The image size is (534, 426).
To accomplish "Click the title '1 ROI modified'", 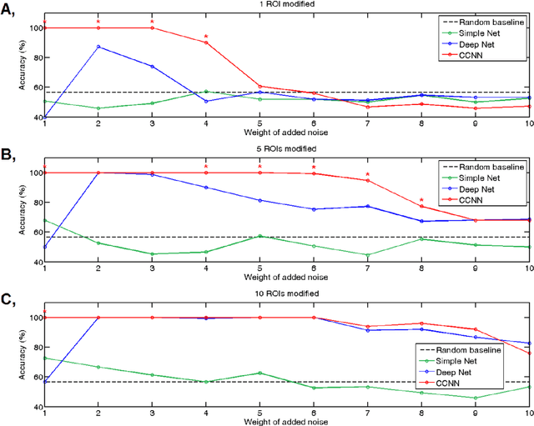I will [x=286, y=6].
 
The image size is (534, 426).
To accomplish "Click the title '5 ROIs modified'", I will [x=286, y=150].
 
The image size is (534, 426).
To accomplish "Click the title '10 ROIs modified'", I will [x=286, y=294].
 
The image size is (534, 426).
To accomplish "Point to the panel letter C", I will [x=8, y=298].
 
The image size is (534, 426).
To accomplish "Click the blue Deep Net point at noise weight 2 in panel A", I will [x=98, y=47].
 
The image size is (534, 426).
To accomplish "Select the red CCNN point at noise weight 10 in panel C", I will [x=529, y=353].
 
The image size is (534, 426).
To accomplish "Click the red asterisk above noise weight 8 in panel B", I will [x=421, y=199].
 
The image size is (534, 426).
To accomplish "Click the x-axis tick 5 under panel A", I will [x=260, y=124].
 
